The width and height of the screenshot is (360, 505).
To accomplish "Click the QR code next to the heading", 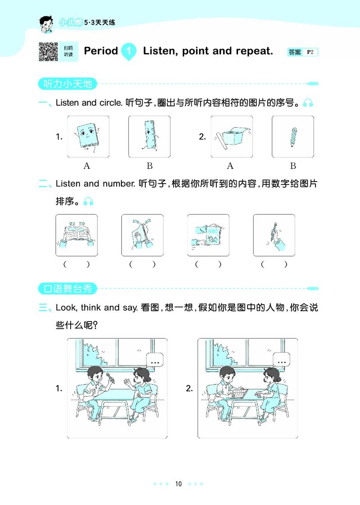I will click(49, 51).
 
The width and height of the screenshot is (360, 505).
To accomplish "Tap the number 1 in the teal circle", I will click(129, 51).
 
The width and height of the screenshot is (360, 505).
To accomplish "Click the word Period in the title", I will click(101, 51).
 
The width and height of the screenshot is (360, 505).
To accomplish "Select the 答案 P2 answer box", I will click(302, 52).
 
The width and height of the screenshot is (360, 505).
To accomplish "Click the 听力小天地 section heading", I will click(66, 84).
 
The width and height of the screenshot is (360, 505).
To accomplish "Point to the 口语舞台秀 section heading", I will click(66, 288).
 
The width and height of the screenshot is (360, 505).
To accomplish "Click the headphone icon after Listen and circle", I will click(308, 103).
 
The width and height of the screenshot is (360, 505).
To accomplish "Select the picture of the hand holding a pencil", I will click(274, 235).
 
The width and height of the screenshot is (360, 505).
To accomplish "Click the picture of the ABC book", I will click(208, 235).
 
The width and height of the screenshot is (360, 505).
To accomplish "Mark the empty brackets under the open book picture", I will click(76, 264).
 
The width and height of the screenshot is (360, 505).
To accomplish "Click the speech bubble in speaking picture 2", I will click(282, 361).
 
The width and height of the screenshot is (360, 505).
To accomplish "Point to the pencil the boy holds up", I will click(109, 377).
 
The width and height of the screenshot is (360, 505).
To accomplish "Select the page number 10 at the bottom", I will click(179, 484).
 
